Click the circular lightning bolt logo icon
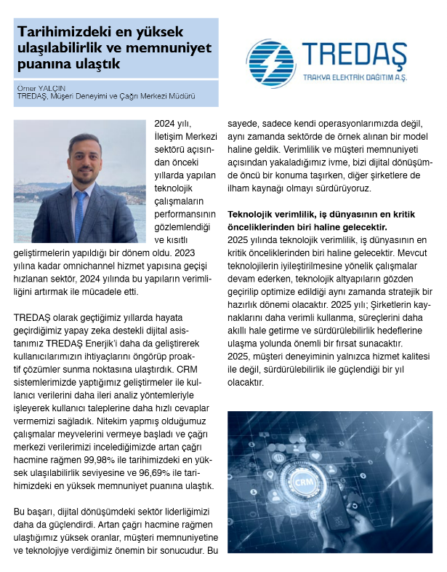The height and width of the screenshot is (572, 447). (269, 59)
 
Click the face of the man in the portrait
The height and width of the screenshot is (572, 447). (80, 151)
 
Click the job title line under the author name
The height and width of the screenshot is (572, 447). (106, 95)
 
